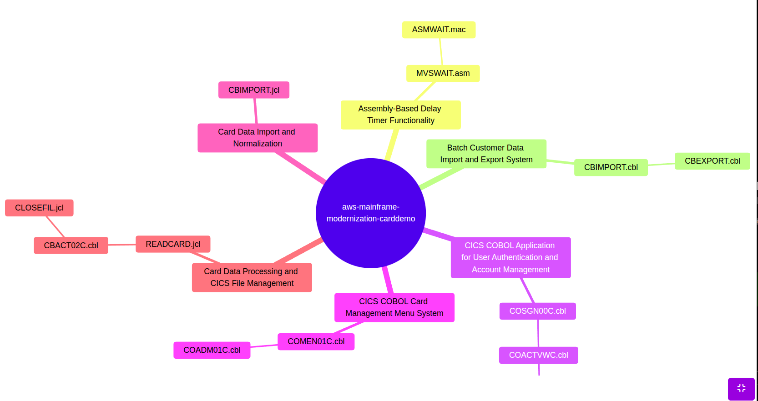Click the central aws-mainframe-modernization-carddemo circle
[x=371, y=213]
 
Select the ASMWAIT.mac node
[x=439, y=30]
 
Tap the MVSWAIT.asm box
[x=443, y=73]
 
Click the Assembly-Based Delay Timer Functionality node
[x=400, y=115]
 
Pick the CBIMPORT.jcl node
[x=254, y=90]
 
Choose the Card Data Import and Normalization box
[x=257, y=138]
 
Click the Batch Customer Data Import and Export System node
[x=486, y=154]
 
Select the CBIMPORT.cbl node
[x=611, y=167]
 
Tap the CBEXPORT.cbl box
[x=712, y=161]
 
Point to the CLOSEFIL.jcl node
[x=39, y=208]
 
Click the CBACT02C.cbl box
[x=71, y=246]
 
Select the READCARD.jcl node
[x=173, y=244]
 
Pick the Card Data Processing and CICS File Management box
[x=252, y=277]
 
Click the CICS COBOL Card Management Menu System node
[x=394, y=307]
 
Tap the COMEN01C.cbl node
[x=316, y=341]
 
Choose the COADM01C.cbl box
[x=212, y=350]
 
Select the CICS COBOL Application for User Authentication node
[x=510, y=257]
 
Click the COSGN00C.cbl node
[x=537, y=311]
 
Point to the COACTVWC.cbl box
[x=538, y=355]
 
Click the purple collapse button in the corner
[x=741, y=388]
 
